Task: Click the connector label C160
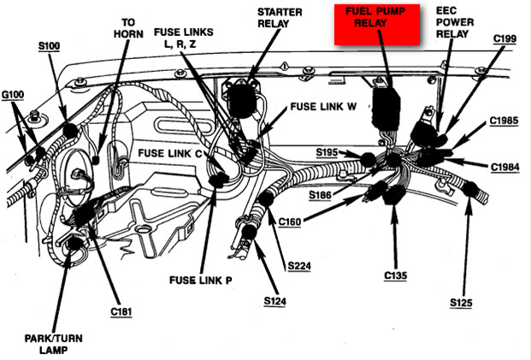click(x=291, y=223)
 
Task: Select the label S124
click(x=275, y=301)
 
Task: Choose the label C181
click(x=121, y=312)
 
